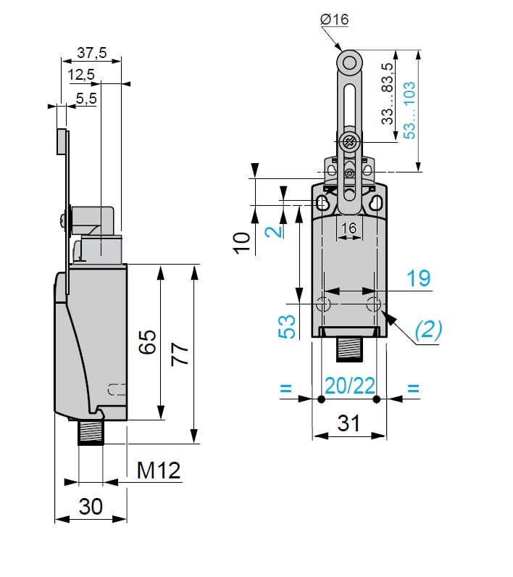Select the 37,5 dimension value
pos(91,53)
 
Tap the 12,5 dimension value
pos(82,75)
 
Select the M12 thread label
pos(159,471)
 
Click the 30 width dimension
pos(91,507)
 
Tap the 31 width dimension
pos(349,423)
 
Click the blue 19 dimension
pos(417,278)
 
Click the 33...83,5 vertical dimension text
pos(388,94)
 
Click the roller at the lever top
pos(349,63)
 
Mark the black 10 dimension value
pos(243,241)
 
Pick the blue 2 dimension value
pos(272,231)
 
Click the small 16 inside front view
pos(349,228)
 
